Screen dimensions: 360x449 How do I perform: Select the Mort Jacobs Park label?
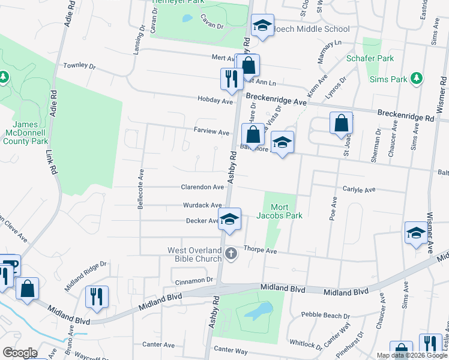[279, 211]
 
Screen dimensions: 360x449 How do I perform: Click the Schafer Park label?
[370, 59]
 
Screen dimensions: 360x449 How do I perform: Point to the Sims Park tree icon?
[415, 79]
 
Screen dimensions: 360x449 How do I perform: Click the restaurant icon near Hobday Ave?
[230, 78]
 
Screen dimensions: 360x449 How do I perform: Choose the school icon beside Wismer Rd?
[415, 233]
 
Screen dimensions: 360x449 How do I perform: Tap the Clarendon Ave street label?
[202, 187]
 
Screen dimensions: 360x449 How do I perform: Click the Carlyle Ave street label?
[358, 190]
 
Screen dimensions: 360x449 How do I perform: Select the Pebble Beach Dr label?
[325, 316]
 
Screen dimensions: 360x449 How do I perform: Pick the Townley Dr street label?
[80, 65]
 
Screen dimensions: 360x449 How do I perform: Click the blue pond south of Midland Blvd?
[258, 311]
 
